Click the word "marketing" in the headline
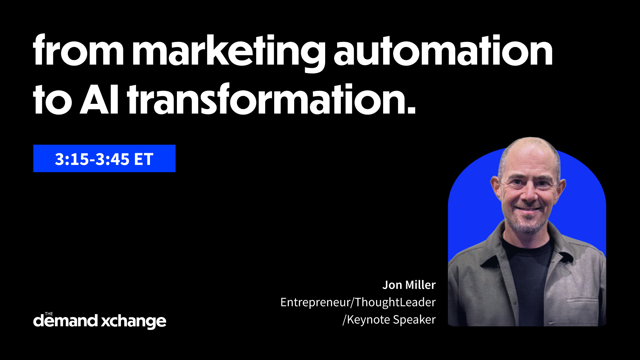point(229,53)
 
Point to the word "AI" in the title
point(99,99)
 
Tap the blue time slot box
point(104,159)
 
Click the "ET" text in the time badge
point(144,159)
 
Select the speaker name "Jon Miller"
point(409,285)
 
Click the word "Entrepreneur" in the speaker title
point(315,302)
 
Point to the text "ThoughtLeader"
point(395,302)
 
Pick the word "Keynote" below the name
point(368,320)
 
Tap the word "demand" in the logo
point(65,321)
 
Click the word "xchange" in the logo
point(134,322)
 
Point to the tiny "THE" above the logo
point(49,314)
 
